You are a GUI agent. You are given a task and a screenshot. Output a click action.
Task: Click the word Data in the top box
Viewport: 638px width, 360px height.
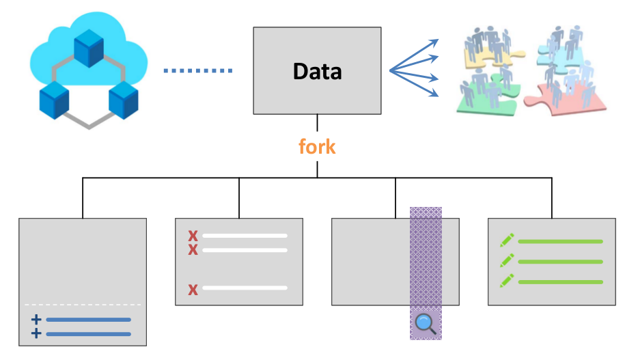point(317,71)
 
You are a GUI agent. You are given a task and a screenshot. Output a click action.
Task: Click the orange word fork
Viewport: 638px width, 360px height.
point(317,146)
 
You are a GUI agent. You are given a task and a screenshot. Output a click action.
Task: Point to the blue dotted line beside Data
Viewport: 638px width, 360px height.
point(198,70)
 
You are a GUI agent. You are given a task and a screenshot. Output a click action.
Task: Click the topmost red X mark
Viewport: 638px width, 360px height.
point(193,236)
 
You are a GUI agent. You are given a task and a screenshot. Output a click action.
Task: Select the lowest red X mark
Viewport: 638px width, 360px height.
point(193,290)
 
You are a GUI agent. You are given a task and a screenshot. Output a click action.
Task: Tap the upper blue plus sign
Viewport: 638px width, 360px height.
point(36,320)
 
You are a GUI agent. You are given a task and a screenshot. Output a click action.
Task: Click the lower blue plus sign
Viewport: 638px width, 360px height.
point(36,333)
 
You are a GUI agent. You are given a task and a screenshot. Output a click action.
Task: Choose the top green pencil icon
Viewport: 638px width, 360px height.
point(507,240)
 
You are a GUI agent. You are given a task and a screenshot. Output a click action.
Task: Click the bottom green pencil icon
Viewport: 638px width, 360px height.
point(507,281)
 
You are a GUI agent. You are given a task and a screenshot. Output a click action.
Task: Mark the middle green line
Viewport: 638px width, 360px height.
point(560,262)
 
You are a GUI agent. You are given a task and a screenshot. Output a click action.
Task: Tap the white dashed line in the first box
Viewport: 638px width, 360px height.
point(82,305)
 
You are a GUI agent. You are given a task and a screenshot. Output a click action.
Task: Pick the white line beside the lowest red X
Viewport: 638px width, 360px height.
point(245,288)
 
